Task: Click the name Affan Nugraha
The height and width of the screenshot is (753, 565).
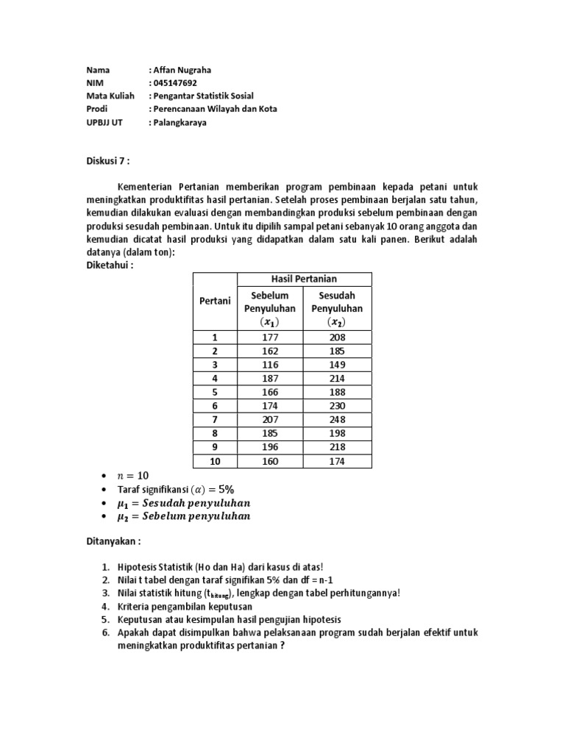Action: click(x=182, y=70)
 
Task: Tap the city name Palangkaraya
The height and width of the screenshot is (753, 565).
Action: click(x=180, y=123)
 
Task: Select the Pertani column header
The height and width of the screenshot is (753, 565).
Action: click(x=215, y=301)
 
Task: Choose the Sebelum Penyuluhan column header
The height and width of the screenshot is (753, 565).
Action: click(x=270, y=308)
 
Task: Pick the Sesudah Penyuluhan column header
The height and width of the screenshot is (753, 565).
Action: click(x=338, y=308)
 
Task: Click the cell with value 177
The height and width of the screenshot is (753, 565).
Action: click(x=270, y=337)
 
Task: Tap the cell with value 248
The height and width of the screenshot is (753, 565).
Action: click(x=338, y=420)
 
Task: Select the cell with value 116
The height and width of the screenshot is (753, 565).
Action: click(x=270, y=365)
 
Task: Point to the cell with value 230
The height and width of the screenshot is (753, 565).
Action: click(x=338, y=406)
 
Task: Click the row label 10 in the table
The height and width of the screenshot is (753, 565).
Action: click(x=215, y=462)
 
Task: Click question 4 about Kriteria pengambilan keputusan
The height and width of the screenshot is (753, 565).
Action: click(x=185, y=607)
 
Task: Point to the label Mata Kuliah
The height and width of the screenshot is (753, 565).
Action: click(x=110, y=96)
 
